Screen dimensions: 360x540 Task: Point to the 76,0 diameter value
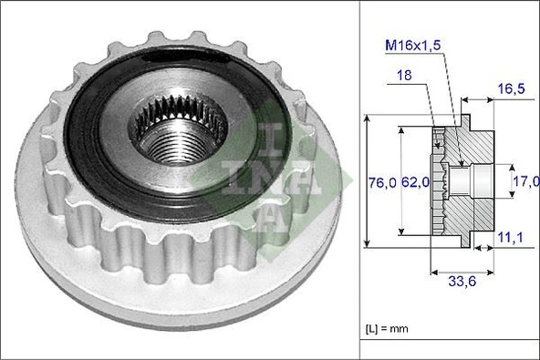(x=382, y=182)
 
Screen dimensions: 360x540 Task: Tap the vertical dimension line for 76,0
(x=367, y=182)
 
